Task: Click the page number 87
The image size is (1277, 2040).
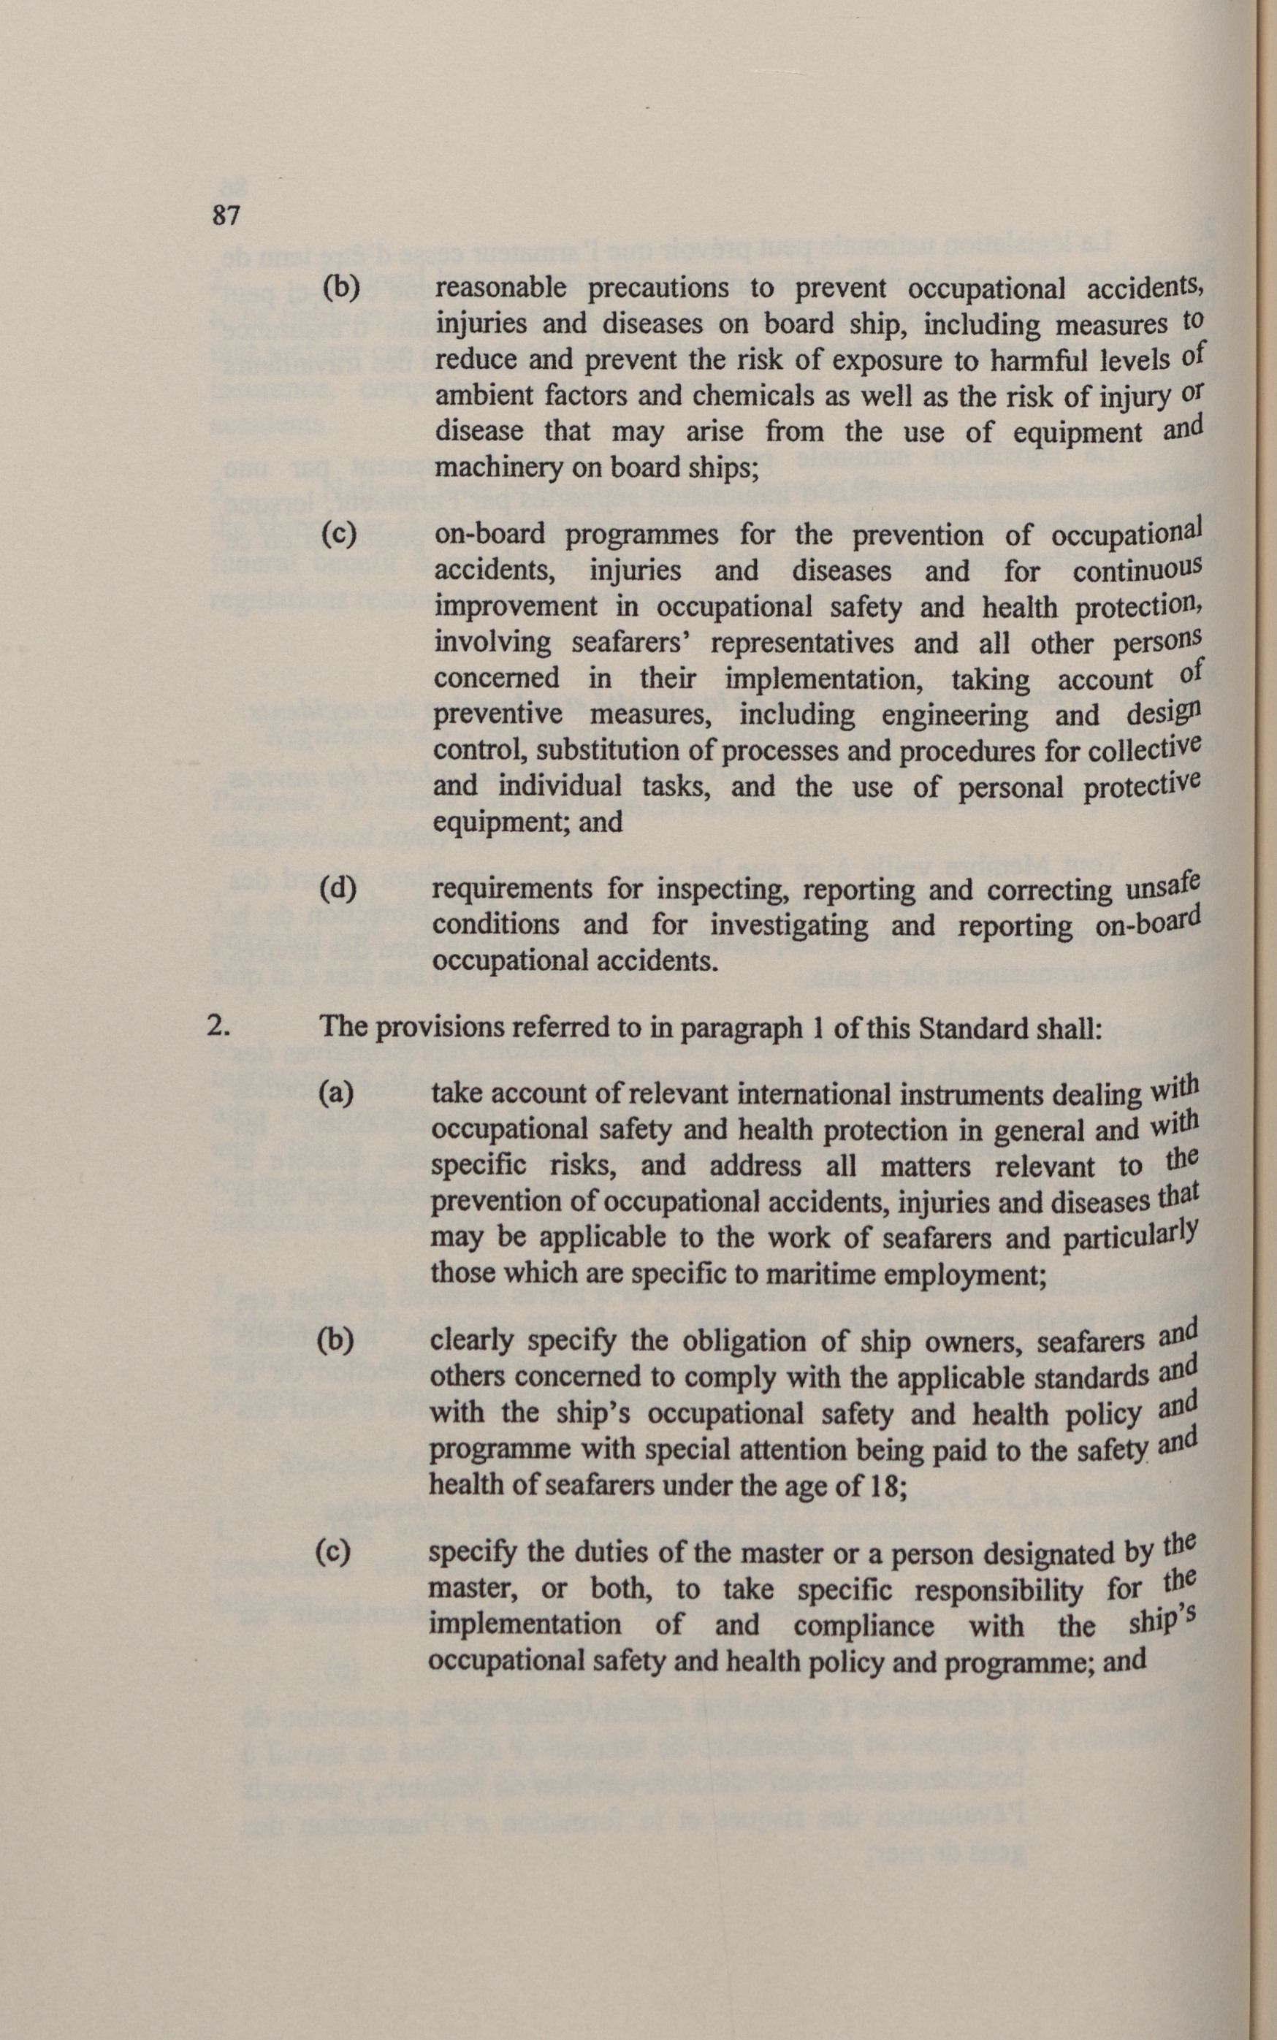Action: (x=226, y=215)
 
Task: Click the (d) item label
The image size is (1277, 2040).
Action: (x=338, y=888)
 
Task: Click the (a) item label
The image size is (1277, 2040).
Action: (x=336, y=1094)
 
